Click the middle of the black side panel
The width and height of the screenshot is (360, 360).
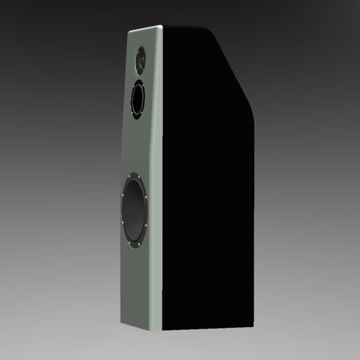point(206,185)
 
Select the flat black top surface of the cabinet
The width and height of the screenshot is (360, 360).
point(185,26)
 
